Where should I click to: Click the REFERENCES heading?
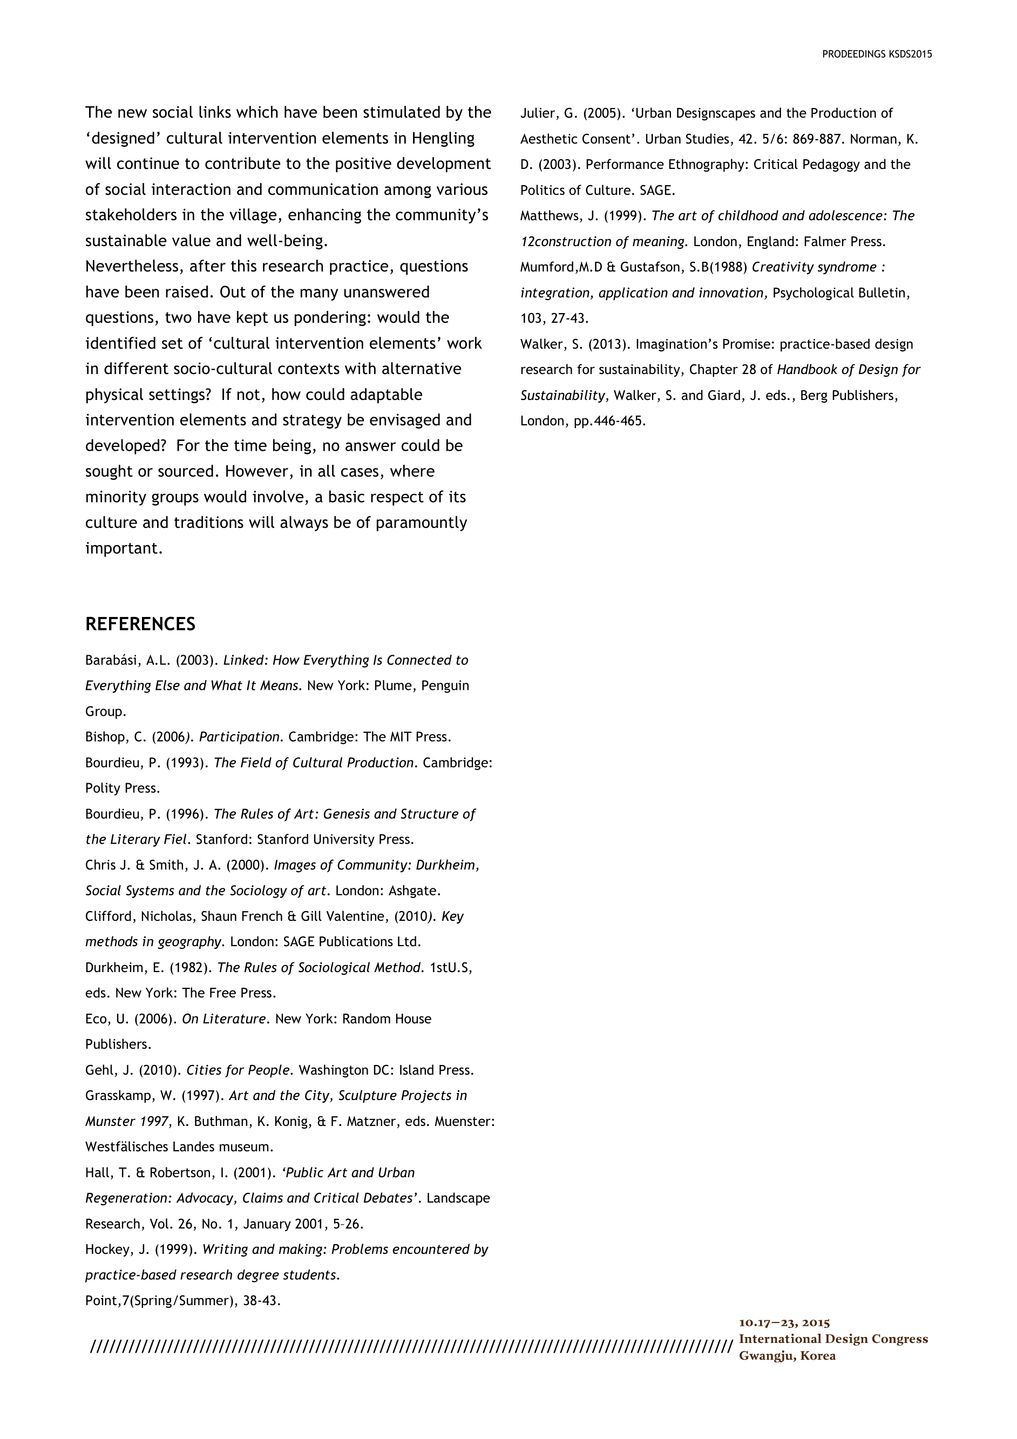click(140, 625)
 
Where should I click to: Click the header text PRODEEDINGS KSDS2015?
click(877, 55)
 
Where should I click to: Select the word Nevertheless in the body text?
click(133, 266)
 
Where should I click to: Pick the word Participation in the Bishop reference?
click(239, 737)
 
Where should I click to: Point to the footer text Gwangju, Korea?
click(787, 1356)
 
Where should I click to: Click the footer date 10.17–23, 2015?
click(784, 1323)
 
